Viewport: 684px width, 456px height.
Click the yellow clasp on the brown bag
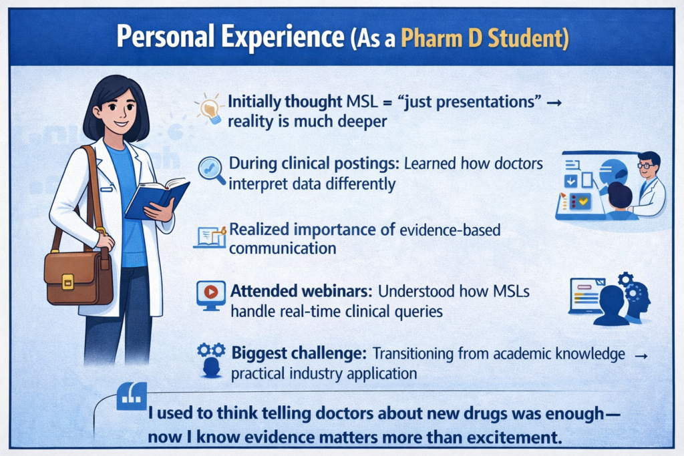[x=67, y=282]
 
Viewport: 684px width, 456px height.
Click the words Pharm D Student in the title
[x=484, y=38]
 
